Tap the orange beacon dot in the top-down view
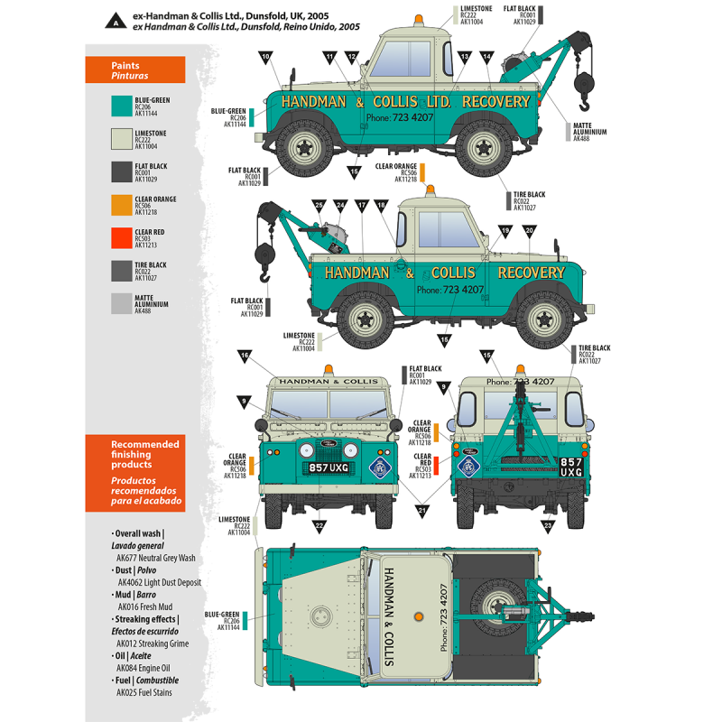pos(417,616)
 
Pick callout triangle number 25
pos(319,207)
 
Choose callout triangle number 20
pos(529,232)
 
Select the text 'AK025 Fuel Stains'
pos(143,692)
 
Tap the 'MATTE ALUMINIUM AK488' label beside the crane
pos(591,132)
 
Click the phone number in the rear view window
pos(520,382)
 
